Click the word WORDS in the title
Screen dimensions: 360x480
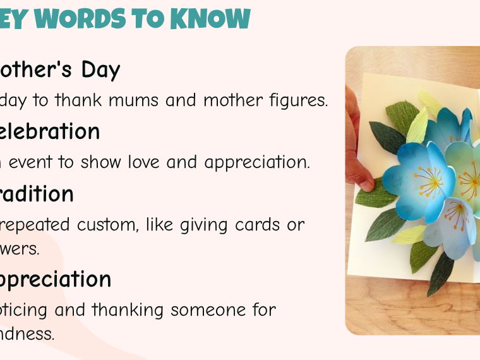92,18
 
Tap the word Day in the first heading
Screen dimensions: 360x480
100,69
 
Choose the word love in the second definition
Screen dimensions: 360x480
145,162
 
